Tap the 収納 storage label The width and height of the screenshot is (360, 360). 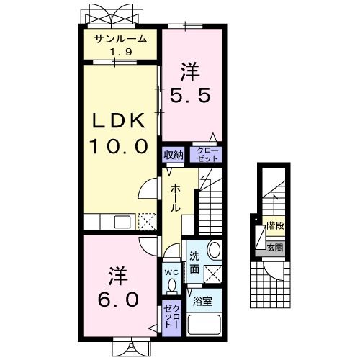(x=173, y=154)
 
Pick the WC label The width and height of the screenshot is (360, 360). (x=171, y=272)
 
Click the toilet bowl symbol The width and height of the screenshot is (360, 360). (x=171, y=286)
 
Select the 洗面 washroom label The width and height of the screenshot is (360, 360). (x=195, y=263)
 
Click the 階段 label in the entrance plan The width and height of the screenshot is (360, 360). (x=274, y=225)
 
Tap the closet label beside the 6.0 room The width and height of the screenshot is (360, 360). (x=171, y=318)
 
